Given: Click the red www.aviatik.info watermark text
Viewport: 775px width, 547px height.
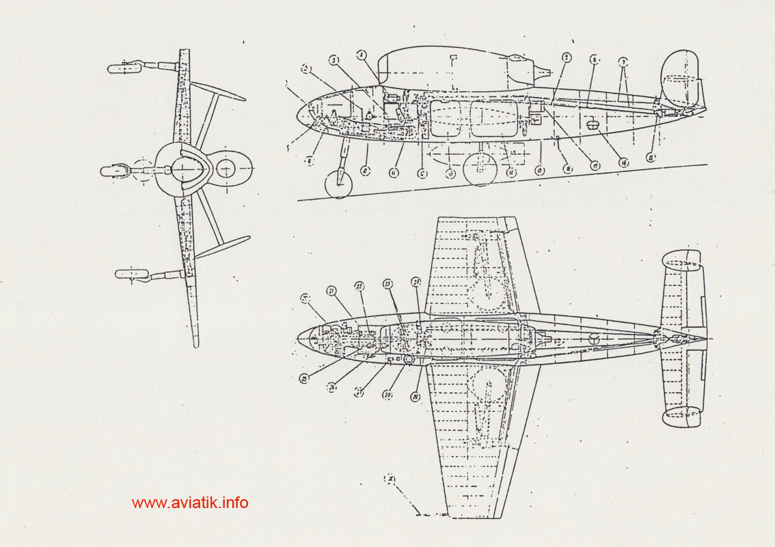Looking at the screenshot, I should click(190, 503).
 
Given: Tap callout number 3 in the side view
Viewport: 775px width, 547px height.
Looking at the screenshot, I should click(335, 61).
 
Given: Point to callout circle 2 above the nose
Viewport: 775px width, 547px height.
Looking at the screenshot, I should click(307, 69).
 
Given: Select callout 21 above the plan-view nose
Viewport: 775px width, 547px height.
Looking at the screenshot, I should click(331, 291).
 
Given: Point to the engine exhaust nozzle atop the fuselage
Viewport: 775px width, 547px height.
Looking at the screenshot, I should click(543, 70).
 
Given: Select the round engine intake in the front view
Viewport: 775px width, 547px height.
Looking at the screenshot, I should click(227, 167).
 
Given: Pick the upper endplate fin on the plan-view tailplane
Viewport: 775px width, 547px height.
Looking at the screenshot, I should click(681, 259).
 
